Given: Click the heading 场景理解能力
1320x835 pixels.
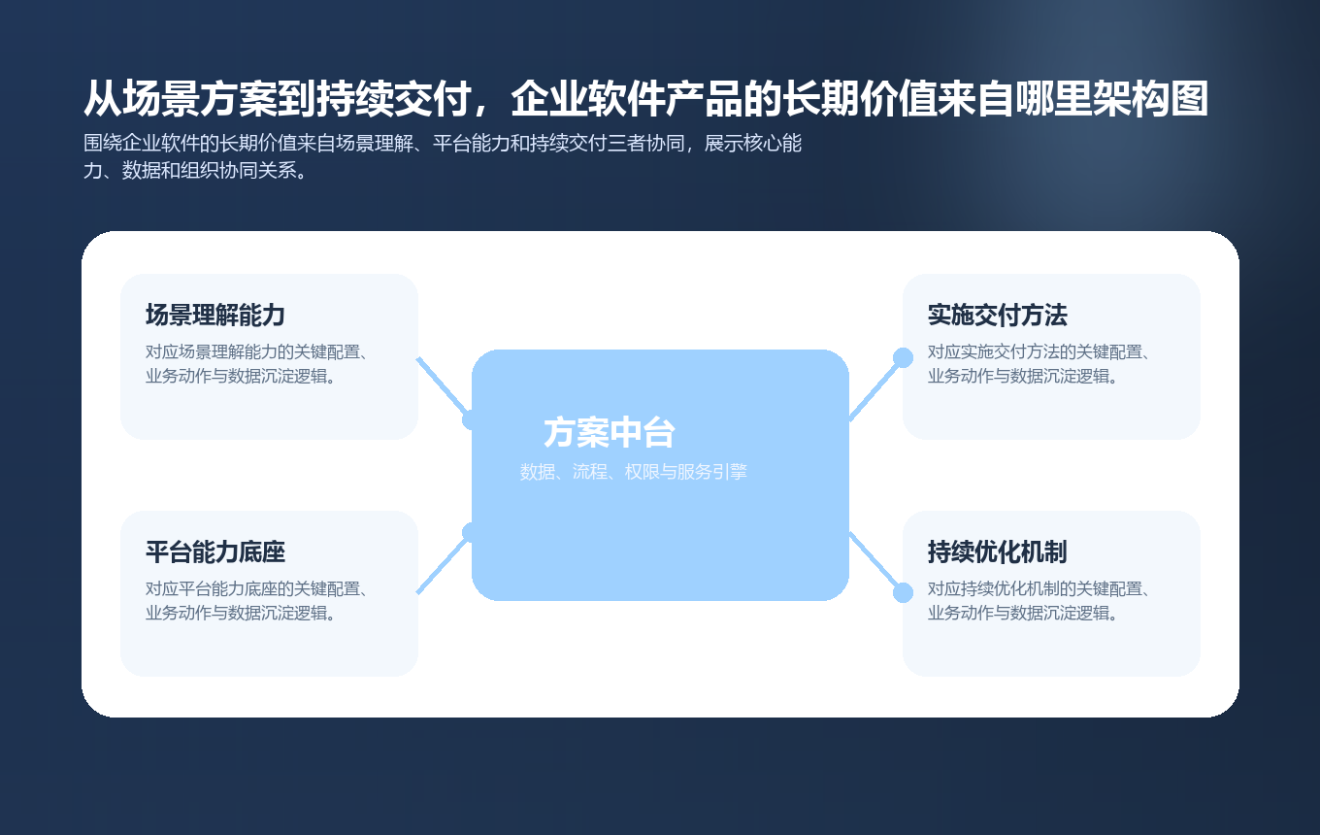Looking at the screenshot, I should click(x=214, y=316).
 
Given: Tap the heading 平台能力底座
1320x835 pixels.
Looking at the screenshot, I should click(x=214, y=552).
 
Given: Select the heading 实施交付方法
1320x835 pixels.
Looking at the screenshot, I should click(x=997, y=316).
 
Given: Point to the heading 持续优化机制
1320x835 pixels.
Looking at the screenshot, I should click(x=997, y=552).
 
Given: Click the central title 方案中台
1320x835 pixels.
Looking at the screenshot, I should click(x=610, y=433).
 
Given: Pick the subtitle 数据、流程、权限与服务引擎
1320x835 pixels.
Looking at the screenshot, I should click(x=633, y=473).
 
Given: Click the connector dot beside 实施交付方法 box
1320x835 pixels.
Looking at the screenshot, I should click(x=903, y=357).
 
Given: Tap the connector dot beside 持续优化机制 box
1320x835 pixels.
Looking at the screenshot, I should click(x=903, y=592).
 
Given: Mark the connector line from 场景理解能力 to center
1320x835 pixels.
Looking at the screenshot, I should click(x=442, y=386).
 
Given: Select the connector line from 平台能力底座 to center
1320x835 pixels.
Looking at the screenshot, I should click(x=442, y=565).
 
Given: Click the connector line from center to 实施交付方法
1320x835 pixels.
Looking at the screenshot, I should click(x=874, y=388).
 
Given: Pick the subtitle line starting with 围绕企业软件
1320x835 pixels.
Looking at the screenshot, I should click(x=443, y=145).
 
